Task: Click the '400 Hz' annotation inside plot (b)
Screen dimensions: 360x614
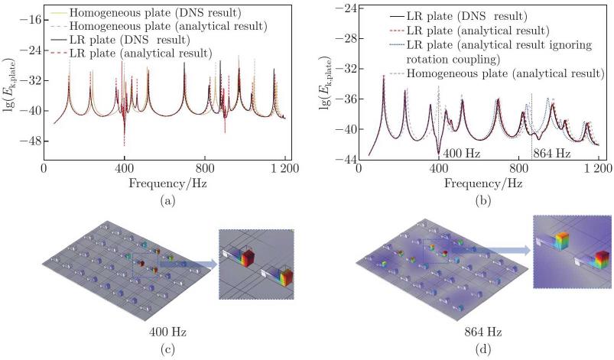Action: point(461,153)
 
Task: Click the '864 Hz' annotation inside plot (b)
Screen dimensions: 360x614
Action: point(552,153)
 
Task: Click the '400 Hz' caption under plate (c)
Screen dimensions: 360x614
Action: point(167,333)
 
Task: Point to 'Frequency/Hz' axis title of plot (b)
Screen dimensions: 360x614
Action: point(480,184)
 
